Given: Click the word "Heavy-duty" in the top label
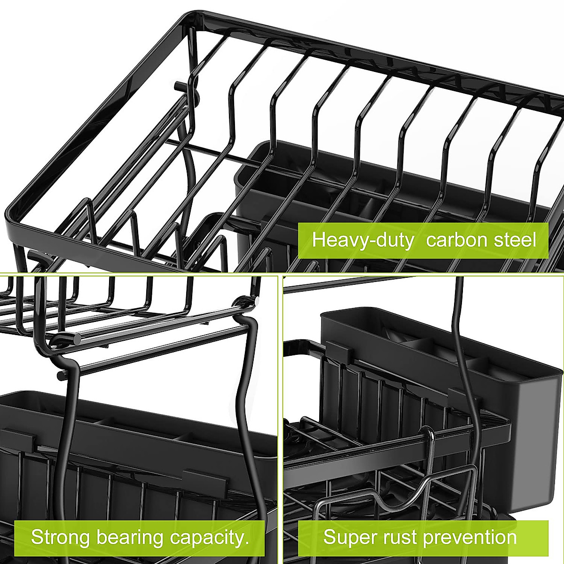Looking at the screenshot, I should pos(362,240).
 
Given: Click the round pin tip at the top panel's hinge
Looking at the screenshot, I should pos(178,86).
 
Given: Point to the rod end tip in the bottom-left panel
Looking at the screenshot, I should pos(60,375).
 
